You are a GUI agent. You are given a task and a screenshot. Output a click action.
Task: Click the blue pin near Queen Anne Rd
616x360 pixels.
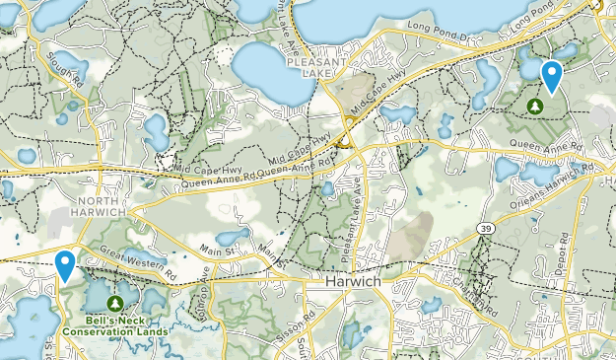[x=552, y=75]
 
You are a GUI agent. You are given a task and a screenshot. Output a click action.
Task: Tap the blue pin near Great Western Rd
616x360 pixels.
[x=66, y=264]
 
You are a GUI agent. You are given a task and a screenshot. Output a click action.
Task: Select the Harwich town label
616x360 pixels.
[x=352, y=281]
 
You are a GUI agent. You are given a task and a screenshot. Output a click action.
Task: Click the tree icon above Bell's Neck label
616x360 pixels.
[x=116, y=302]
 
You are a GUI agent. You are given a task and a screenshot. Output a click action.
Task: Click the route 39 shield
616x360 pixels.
[x=486, y=228]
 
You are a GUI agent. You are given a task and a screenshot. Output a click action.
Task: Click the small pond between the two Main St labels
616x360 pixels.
[x=233, y=238]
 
